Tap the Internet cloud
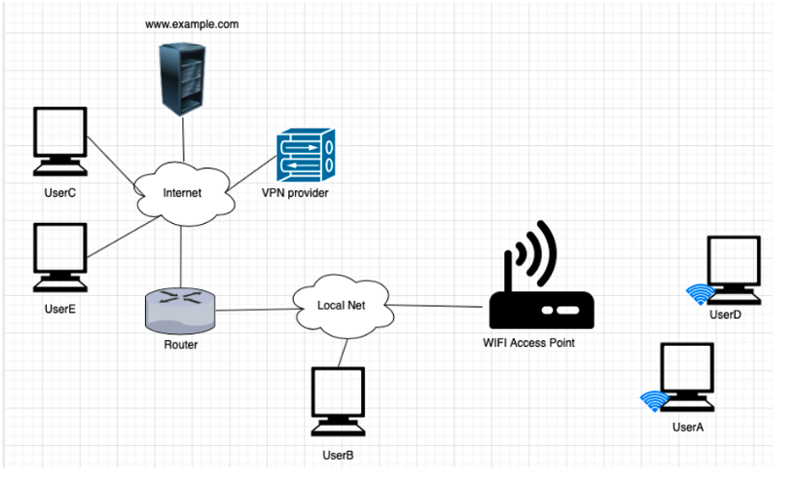pyautogui.click(x=182, y=193)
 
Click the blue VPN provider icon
pyautogui.click(x=305, y=156)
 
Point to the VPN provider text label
pyautogui.click(x=296, y=194)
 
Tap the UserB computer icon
pyautogui.click(x=338, y=401)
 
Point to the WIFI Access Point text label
pyautogui.click(x=528, y=342)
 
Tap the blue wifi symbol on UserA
pyautogui.click(x=654, y=401)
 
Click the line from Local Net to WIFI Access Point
pyautogui.click(x=438, y=305)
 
